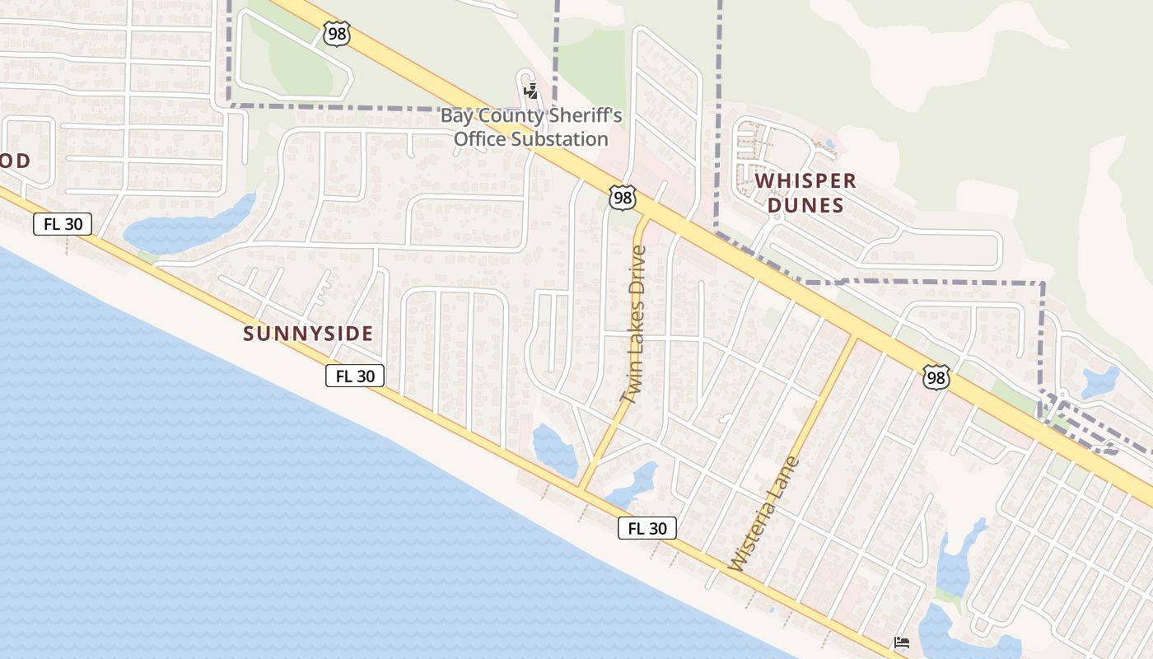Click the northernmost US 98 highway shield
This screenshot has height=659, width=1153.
tap(337, 34)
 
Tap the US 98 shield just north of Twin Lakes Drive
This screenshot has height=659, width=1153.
tap(623, 198)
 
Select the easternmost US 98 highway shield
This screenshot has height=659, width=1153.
tap(936, 377)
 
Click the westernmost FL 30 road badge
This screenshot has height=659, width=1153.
tap(63, 224)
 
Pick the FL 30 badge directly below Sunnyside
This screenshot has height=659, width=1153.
tap(355, 376)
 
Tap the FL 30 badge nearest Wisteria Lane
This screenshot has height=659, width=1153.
tap(647, 529)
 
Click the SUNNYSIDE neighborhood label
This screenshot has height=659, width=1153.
tap(308, 334)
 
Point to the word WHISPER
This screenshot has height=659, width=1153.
tap(805, 181)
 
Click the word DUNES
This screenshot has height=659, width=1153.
tap(805, 205)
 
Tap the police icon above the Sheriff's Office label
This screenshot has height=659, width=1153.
tap(531, 91)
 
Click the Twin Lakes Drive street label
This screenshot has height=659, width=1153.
tap(633, 325)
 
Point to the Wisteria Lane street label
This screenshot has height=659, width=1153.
tap(764, 514)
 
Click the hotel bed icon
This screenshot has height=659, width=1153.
tap(902, 643)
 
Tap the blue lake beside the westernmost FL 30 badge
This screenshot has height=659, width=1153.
tap(189, 225)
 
